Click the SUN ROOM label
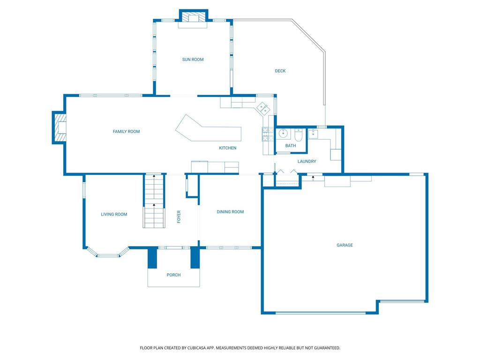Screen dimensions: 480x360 (x=193, y=60)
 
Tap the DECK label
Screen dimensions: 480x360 (x=280, y=71)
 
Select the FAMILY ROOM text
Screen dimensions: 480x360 (x=126, y=131)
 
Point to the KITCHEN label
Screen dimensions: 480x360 (x=227, y=148)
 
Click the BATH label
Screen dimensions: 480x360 (x=291, y=146)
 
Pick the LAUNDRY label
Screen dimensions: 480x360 (x=307, y=161)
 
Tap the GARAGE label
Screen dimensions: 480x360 (x=345, y=245)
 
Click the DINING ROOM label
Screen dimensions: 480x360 (x=230, y=211)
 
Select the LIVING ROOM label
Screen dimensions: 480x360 (x=114, y=214)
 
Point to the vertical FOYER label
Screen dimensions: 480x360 (x=179, y=217)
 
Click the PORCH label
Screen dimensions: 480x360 (x=173, y=275)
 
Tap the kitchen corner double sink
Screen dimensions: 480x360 (x=262, y=108)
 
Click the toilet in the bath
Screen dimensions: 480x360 (x=299, y=135)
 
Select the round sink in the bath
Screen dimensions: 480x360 (x=283, y=134)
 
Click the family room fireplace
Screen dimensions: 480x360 (x=59, y=127)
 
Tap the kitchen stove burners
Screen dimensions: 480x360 (x=268, y=134)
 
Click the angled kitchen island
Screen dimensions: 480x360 (x=209, y=128)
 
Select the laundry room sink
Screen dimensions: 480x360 (x=313, y=134)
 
